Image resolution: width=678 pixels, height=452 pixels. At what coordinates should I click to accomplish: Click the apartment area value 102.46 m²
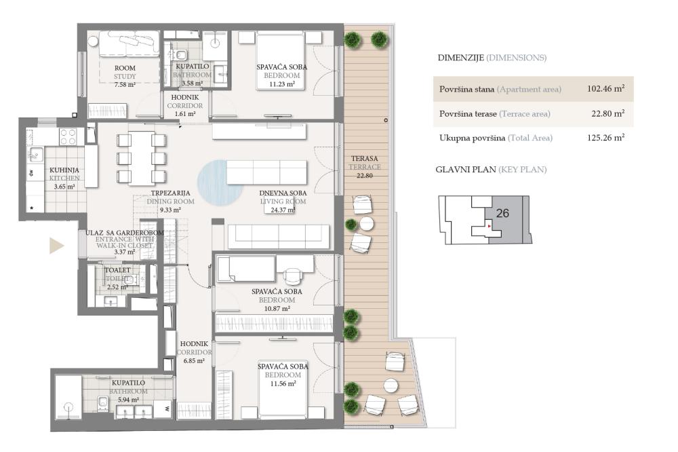pyautogui.click(x=605, y=89)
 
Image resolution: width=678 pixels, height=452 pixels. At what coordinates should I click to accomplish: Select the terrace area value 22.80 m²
pyautogui.click(x=607, y=114)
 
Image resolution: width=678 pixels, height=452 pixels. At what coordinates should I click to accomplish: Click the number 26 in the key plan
pyautogui.click(x=502, y=213)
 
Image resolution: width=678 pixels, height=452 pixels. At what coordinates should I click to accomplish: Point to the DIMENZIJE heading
pyautogui.click(x=460, y=58)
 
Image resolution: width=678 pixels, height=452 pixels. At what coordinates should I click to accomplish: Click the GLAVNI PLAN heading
pyautogui.click(x=465, y=170)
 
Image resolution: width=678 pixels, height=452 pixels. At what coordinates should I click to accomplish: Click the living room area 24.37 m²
pyautogui.click(x=282, y=209)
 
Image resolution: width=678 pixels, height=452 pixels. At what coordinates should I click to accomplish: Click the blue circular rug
pyautogui.click(x=220, y=182)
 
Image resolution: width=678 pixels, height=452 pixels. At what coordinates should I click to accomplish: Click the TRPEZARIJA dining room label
pyautogui.click(x=170, y=193)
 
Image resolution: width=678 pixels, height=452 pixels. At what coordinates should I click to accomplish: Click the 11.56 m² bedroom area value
pyautogui.click(x=282, y=383)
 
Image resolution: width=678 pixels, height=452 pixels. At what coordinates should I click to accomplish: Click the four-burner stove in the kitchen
pyautogui.click(x=68, y=137)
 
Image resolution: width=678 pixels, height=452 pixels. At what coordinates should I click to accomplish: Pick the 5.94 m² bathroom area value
pyautogui.click(x=129, y=400)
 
